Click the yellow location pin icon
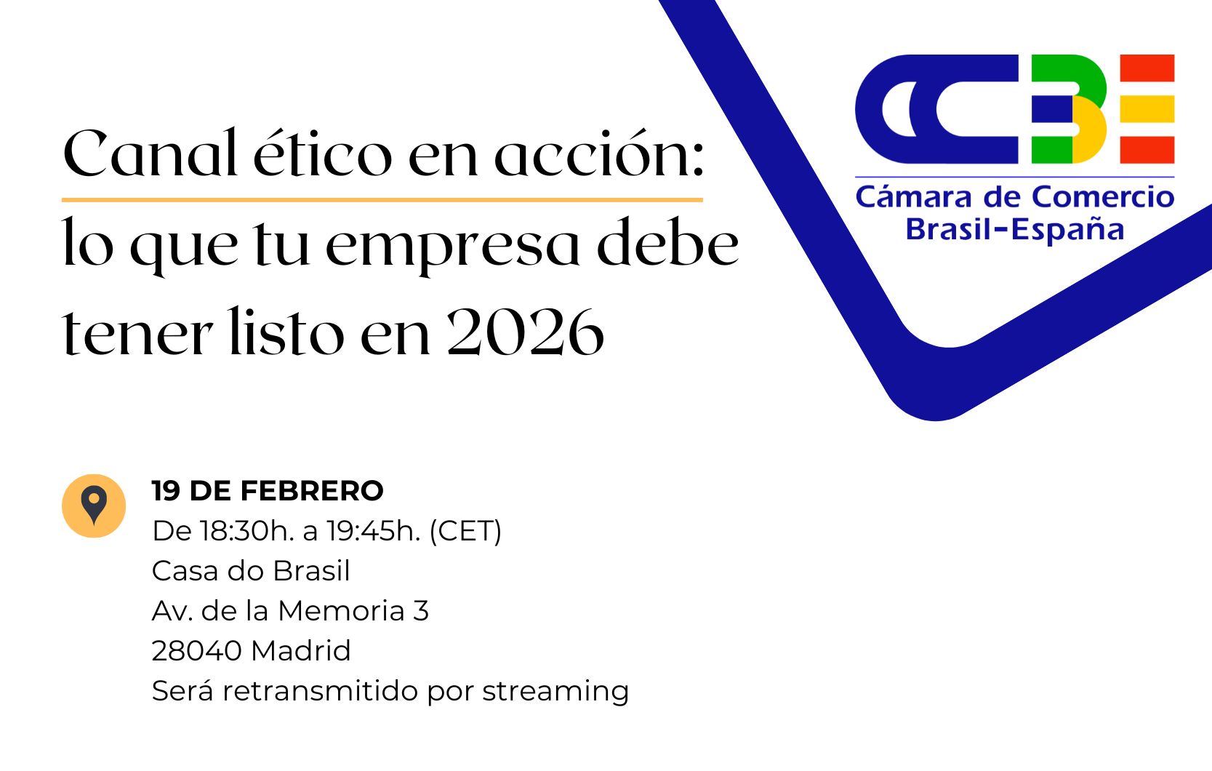(x=94, y=506)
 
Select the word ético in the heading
(x=322, y=154)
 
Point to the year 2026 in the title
(x=525, y=333)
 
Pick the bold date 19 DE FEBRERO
(x=268, y=491)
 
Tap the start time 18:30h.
(x=246, y=531)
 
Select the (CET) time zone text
(x=465, y=531)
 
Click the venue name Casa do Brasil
(x=251, y=571)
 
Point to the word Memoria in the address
(x=341, y=611)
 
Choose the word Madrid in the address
(x=301, y=651)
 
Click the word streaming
(x=555, y=691)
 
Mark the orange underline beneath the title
(x=382, y=199)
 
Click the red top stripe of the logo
(x=1147, y=68)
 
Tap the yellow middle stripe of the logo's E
(x=1147, y=109)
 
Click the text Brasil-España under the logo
(x=1015, y=229)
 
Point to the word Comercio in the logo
(x=1103, y=197)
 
